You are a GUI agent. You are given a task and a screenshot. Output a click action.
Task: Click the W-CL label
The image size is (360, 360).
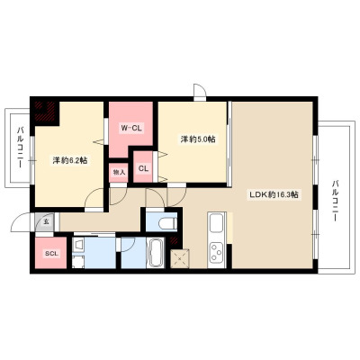tap(131, 129)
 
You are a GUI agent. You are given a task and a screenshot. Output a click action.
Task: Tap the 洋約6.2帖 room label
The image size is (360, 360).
tap(70, 160)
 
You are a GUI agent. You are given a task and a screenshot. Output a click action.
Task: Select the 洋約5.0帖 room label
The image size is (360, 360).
tap(198, 139)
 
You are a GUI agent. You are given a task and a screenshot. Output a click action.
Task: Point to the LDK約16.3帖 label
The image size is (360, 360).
tap(274, 194)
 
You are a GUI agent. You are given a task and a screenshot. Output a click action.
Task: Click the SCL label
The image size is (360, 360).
tap(51, 254)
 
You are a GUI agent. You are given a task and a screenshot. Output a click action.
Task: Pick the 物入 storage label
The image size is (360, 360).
tap(119, 173)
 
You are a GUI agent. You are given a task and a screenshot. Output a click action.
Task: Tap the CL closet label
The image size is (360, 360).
tap(143, 168)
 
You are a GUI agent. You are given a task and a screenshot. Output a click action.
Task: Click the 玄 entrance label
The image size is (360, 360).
tap(46, 222)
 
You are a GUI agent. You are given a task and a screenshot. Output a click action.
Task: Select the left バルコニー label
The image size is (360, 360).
tap(21, 147)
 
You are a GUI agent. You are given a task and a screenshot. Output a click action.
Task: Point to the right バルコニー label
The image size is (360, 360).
tap(335, 201)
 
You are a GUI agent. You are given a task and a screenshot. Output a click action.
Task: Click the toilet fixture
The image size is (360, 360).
tap(167, 223)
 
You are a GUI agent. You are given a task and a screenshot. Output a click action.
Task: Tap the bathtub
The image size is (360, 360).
tap(156, 253)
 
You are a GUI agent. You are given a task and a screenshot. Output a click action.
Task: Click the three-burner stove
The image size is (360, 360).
tap(216, 252)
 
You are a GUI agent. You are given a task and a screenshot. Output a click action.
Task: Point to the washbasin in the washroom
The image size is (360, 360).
tap(78, 246)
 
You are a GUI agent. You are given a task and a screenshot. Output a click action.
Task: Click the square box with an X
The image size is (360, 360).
tap(180, 258)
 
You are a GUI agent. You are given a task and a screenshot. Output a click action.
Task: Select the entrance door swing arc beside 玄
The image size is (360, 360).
tap(20, 222)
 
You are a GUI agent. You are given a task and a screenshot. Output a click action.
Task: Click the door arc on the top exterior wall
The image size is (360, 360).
tap(200, 90)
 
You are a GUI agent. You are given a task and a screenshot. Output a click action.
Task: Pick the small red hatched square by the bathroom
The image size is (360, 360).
tap(174, 240)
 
